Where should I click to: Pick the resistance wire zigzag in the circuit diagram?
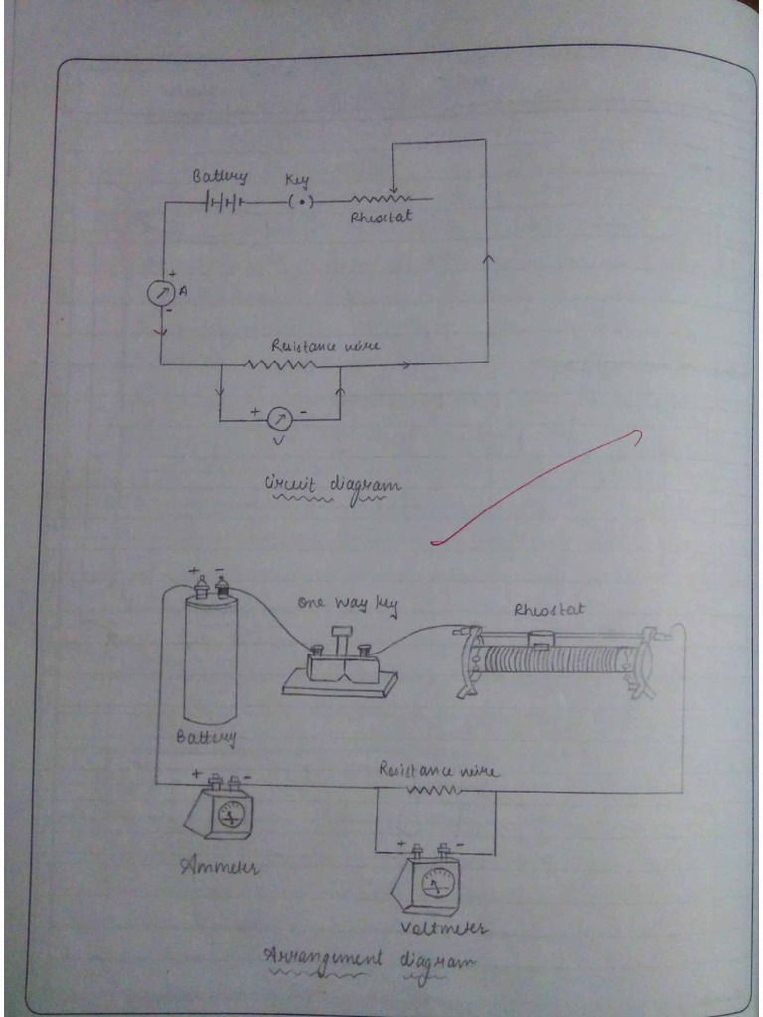pyautogui.click(x=279, y=364)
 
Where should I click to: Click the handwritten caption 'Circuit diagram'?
pyautogui.click(x=332, y=486)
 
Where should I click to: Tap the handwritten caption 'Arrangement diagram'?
pyautogui.click(x=369, y=960)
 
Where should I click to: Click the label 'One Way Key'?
pyautogui.click(x=341, y=604)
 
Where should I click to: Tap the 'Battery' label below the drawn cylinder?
pyautogui.click(x=207, y=737)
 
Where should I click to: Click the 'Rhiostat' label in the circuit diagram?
pyautogui.click(x=381, y=220)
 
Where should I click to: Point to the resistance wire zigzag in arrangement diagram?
pyautogui.click(x=431, y=790)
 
